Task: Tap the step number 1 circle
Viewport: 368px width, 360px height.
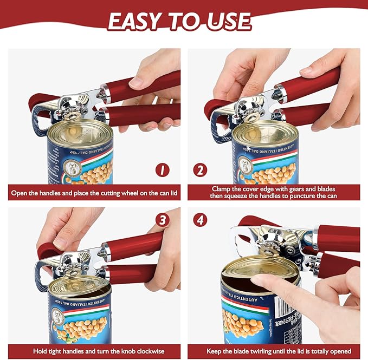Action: [x=162, y=170]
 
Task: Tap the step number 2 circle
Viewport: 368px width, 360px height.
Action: [x=200, y=170]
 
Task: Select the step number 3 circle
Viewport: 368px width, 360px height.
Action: [x=162, y=220]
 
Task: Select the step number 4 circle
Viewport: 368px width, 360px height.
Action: [x=200, y=220]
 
